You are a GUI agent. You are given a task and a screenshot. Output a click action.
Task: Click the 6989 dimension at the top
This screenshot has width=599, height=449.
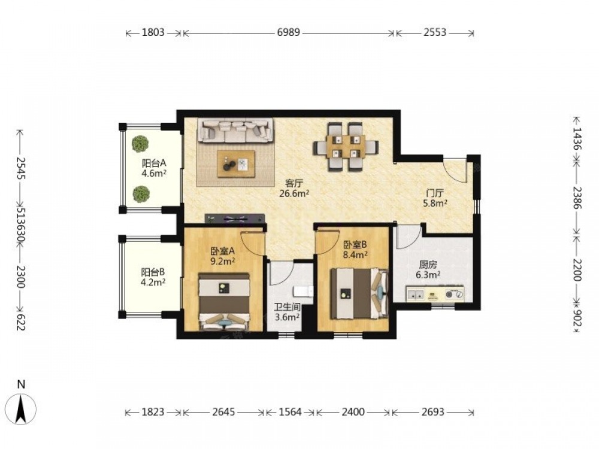(x=289, y=32)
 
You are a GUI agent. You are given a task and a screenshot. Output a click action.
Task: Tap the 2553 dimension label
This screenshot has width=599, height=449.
(x=435, y=32)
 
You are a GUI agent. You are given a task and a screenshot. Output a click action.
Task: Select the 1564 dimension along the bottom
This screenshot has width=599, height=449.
(x=290, y=412)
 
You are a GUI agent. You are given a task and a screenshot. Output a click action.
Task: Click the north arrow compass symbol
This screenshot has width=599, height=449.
(x=22, y=408)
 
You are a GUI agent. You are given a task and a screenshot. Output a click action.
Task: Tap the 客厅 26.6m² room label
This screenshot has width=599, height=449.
(x=294, y=188)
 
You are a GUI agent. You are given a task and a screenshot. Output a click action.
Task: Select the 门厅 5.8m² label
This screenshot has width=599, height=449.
(x=435, y=198)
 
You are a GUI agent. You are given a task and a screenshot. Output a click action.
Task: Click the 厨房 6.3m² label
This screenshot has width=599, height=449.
(x=428, y=269)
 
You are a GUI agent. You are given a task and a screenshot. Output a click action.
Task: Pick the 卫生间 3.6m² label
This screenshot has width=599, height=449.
(x=287, y=312)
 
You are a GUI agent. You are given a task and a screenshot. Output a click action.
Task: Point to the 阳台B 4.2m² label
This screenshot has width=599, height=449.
(x=153, y=277)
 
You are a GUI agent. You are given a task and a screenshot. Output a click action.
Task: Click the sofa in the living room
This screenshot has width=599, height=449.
(x=235, y=131)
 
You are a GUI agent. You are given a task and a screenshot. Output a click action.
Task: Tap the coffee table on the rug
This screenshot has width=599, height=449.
(x=236, y=163)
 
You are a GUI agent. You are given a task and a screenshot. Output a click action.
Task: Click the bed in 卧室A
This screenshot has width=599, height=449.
(x=224, y=301)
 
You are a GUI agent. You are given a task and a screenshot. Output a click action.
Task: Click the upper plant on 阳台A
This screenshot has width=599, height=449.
(x=140, y=144)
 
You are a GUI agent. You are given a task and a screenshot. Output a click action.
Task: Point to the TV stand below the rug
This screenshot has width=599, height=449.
(x=235, y=219)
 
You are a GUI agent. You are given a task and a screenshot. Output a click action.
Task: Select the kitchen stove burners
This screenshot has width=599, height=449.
(x=455, y=295)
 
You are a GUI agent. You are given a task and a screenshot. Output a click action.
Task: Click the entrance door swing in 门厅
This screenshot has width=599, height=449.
(x=455, y=170)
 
